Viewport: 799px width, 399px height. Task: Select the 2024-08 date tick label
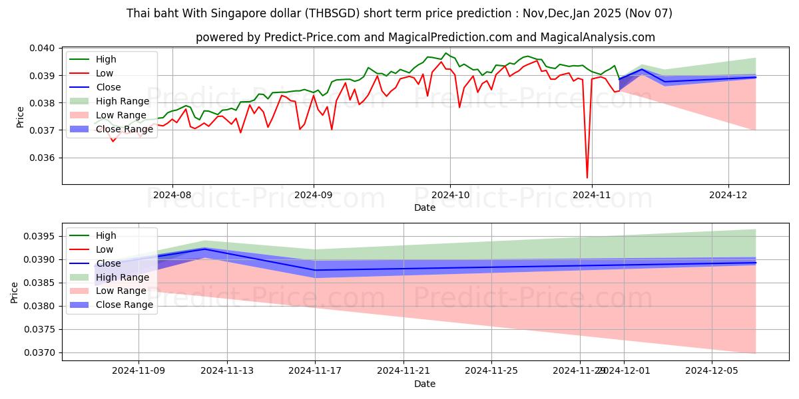(172, 195)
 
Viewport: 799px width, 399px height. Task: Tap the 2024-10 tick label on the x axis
(449, 195)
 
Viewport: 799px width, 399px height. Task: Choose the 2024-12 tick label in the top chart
(728, 195)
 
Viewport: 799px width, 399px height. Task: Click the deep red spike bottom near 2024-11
(587, 178)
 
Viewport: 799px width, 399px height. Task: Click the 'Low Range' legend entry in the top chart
(121, 115)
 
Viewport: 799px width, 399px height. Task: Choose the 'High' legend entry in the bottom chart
(106, 235)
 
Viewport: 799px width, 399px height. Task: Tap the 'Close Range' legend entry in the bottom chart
(125, 305)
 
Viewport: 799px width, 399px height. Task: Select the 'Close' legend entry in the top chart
(109, 87)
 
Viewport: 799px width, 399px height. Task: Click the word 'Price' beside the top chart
(20, 117)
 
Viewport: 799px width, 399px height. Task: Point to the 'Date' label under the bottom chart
(425, 384)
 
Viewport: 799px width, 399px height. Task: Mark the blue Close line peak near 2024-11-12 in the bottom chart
(204, 249)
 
